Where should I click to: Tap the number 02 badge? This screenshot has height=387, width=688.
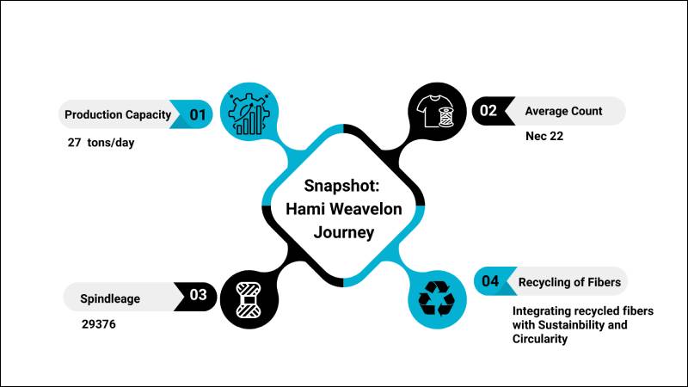click(488, 110)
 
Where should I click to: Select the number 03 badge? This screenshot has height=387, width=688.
click(198, 295)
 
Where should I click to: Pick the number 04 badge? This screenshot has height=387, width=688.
click(490, 281)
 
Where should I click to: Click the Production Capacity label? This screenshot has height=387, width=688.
click(118, 114)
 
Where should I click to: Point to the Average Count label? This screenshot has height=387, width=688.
click(563, 111)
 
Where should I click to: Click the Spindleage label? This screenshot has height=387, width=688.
click(110, 298)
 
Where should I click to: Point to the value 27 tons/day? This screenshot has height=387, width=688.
click(101, 143)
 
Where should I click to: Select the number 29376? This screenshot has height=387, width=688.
click(98, 326)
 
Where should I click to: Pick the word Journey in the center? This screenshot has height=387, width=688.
click(344, 231)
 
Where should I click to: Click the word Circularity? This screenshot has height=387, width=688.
click(540, 340)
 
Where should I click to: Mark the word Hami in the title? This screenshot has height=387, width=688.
click(305, 209)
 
